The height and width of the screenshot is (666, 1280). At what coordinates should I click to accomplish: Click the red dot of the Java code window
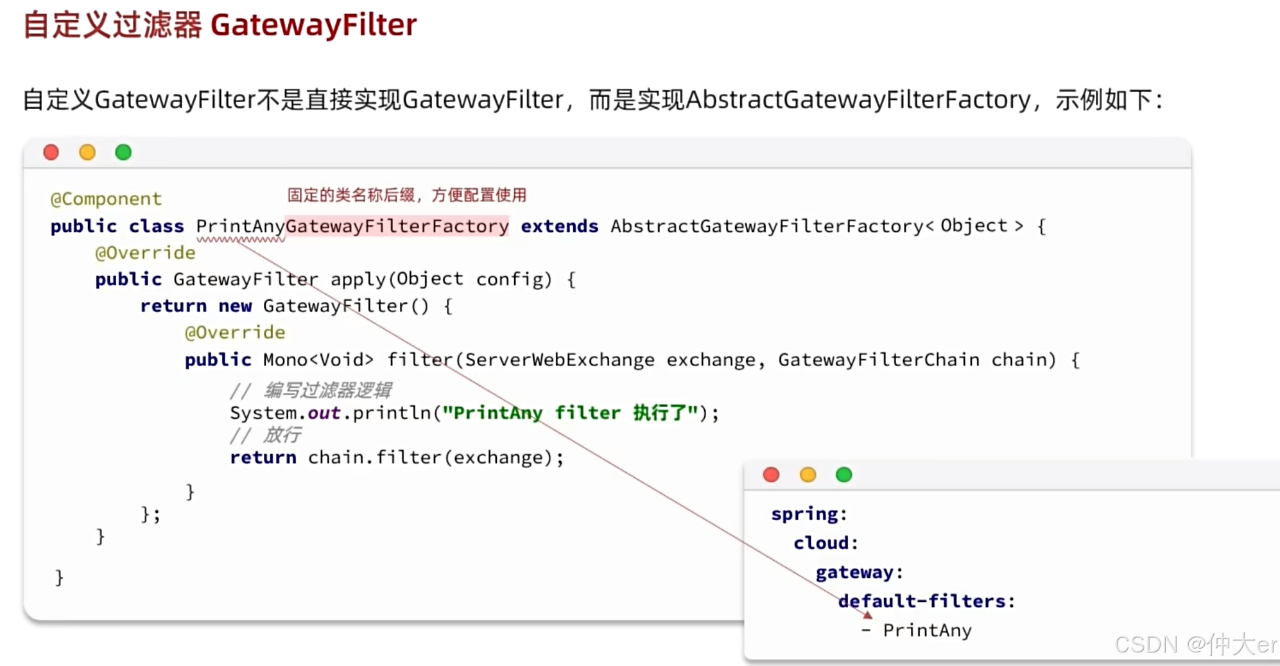pos(51,152)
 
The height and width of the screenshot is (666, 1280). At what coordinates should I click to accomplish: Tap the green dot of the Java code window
pos(123,152)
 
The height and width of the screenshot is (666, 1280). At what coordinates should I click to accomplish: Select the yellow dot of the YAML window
pos(808,475)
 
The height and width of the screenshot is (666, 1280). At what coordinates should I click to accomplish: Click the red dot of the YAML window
pos(771,475)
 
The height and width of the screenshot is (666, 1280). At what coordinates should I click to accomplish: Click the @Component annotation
pos(106,199)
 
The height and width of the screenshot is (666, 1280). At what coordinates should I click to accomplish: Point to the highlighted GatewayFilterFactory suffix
pos(397,226)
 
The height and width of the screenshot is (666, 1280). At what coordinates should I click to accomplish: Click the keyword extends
pos(559,226)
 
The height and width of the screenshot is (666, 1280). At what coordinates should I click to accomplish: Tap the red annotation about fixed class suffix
pos(406,195)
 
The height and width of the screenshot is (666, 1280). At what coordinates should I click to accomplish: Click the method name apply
pos(358,279)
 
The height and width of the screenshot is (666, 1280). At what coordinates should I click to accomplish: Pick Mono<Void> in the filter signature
pos(318,360)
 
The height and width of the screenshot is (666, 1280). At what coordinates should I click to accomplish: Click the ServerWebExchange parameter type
pos(559,360)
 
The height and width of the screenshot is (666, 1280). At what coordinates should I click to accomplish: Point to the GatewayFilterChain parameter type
pos(879,360)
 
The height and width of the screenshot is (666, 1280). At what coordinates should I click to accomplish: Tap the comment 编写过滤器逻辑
pos(327,390)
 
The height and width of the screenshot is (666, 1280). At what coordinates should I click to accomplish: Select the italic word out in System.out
pos(324,413)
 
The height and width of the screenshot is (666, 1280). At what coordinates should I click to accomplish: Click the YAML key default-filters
pos(922,601)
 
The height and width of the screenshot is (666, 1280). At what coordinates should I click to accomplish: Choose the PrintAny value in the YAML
pos(927,631)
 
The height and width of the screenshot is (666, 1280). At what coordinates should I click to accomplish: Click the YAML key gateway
pos(854,572)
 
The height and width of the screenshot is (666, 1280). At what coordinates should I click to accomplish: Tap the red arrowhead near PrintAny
pos(868,615)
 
